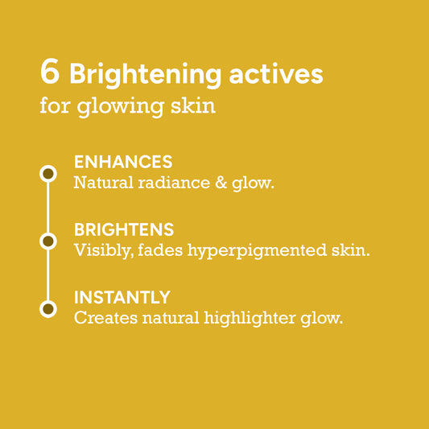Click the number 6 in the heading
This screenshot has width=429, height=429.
point(50,71)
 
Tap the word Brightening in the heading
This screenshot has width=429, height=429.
point(145,75)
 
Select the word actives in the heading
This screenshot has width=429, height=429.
point(276,74)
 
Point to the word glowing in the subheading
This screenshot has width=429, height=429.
point(121,107)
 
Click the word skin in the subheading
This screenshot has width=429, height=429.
point(193,105)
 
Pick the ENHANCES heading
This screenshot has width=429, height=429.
point(123,162)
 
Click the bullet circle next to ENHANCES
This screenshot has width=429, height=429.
point(48,174)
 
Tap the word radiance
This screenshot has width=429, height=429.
point(174,183)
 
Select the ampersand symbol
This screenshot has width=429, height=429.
point(221,183)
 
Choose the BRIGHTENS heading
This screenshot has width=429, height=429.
point(124,229)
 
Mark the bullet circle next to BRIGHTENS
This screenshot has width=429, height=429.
point(48,241)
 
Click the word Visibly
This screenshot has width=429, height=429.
point(104,250)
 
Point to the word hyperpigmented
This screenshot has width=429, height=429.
point(257,251)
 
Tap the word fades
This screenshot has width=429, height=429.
point(160,250)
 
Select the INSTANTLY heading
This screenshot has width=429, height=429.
point(122,297)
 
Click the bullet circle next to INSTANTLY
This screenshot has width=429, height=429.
point(48,309)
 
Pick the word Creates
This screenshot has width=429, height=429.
point(106,318)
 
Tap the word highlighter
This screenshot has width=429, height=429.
point(250,319)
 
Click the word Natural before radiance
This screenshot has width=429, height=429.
point(103,183)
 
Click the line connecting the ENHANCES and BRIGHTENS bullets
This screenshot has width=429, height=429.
point(48,208)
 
